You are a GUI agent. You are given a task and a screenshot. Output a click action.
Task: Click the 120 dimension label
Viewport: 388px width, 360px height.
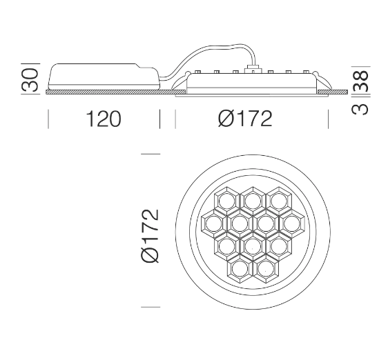[x=103, y=119]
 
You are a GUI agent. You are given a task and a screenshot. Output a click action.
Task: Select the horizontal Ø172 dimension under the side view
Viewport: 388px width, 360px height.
[x=244, y=119]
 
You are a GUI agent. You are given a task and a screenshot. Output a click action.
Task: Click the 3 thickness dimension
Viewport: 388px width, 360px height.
[x=361, y=108]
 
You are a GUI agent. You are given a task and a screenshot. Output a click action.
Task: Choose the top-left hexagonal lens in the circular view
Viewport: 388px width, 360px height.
[x=226, y=201]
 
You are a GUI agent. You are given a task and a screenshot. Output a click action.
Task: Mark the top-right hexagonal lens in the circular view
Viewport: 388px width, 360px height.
[x=278, y=201]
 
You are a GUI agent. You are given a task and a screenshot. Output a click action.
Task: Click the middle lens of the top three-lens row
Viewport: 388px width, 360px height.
[x=253, y=201]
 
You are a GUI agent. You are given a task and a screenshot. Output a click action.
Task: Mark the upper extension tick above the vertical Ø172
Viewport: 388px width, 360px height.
[x=151, y=154]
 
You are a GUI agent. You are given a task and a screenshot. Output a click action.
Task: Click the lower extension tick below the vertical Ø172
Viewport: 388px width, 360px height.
[x=151, y=306]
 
